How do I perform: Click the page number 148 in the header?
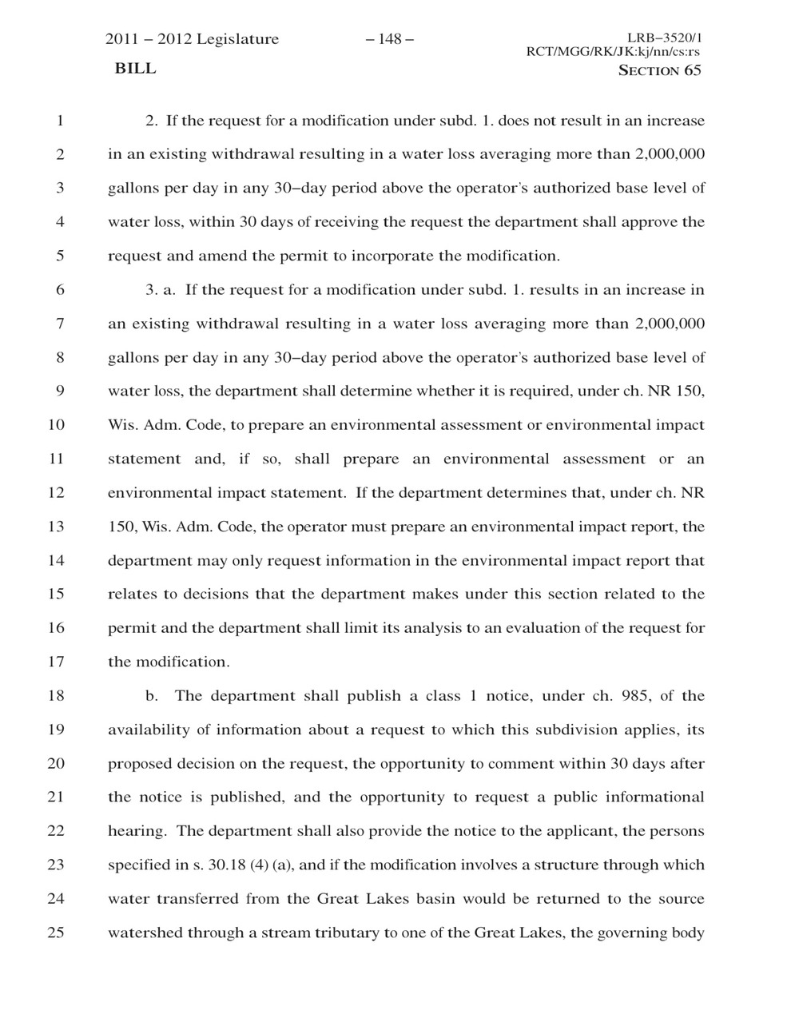click(x=389, y=39)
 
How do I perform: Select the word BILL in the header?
click(x=136, y=69)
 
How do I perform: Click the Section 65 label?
click(x=660, y=70)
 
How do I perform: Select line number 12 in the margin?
click(x=56, y=493)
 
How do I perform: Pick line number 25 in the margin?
click(x=56, y=933)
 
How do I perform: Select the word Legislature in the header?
click(x=237, y=39)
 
